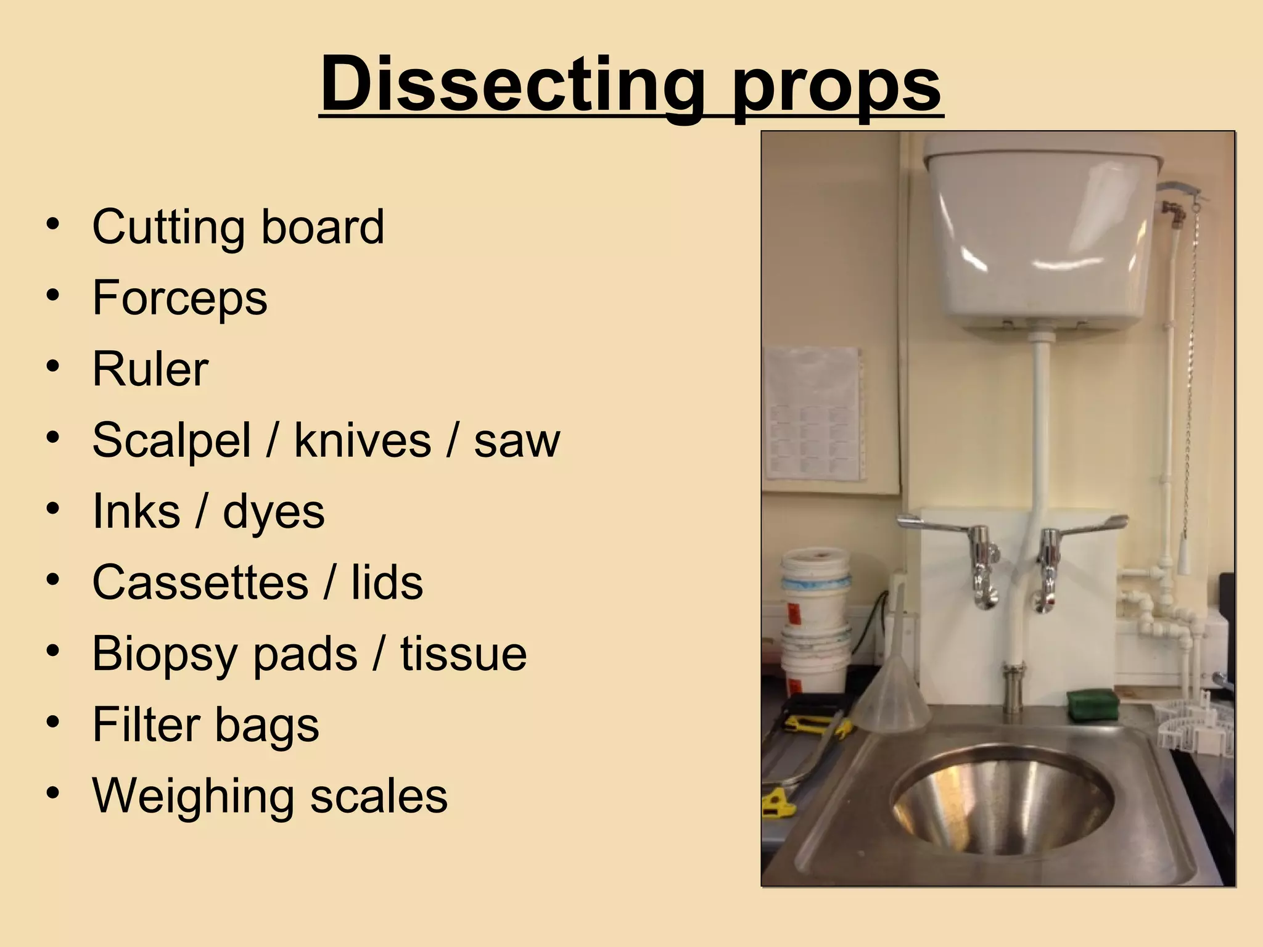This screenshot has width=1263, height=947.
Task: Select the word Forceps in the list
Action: click(179, 298)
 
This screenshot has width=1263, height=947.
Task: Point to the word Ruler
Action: click(150, 369)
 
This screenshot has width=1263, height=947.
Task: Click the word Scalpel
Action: click(171, 441)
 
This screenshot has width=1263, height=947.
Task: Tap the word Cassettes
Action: click(200, 583)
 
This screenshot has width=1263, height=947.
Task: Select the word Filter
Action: click(146, 724)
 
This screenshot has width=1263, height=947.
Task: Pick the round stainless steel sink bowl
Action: click(1002, 798)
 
